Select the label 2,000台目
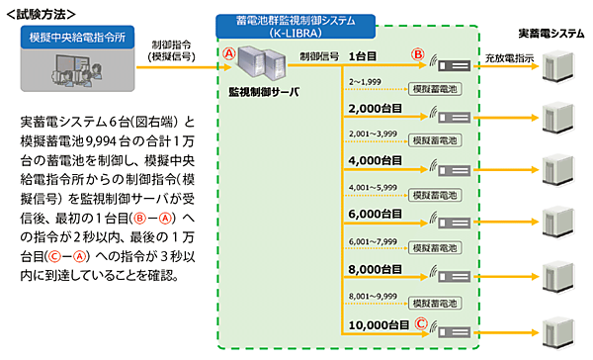(x=373, y=108)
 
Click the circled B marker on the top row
(x=419, y=54)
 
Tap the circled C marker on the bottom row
(x=419, y=322)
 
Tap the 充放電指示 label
(x=510, y=58)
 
